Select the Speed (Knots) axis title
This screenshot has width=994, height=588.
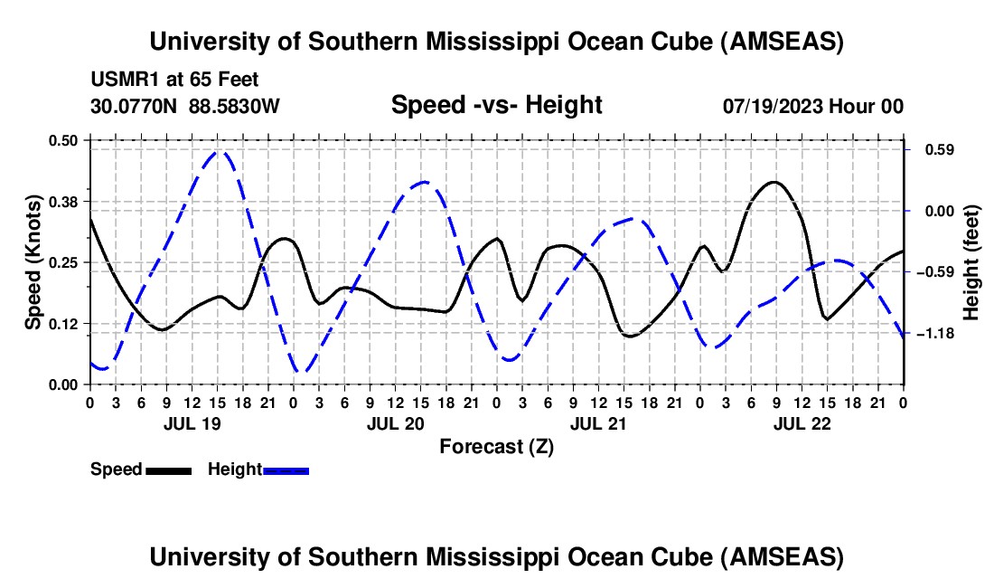coord(33,262)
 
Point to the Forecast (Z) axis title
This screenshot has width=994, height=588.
coord(496,446)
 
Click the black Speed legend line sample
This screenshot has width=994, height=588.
coord(168,469)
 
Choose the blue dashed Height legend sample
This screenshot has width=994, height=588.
coord(286,469)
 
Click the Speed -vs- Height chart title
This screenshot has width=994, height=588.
coord(496,105)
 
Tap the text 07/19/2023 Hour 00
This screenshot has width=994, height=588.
coord(812,106)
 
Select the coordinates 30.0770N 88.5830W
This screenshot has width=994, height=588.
coord(185,106)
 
